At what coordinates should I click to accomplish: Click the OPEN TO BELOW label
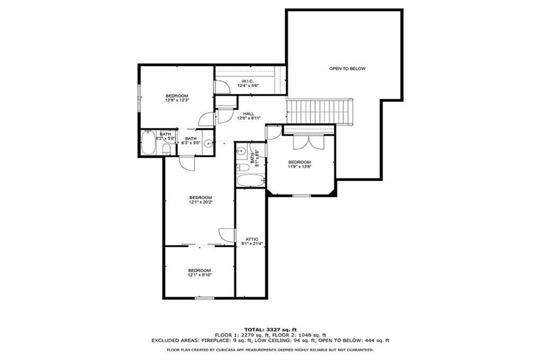point(347,69)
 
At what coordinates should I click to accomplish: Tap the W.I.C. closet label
point(246,81)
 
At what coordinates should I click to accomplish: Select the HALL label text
point(248,113)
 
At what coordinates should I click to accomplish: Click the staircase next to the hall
point(319,111)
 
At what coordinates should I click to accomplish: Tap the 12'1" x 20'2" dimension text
point(200,202)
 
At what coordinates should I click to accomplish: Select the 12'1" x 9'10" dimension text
point(200,274)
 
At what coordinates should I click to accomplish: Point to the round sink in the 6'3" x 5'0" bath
point(208,143)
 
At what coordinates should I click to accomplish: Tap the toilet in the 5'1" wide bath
point(243,167)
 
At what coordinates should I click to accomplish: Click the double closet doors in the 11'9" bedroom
point(308,141)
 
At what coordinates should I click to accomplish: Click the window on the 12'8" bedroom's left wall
point(139,97)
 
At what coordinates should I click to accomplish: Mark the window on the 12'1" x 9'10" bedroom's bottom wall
point(204,299)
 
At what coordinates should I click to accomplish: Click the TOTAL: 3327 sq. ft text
point(270,329)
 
